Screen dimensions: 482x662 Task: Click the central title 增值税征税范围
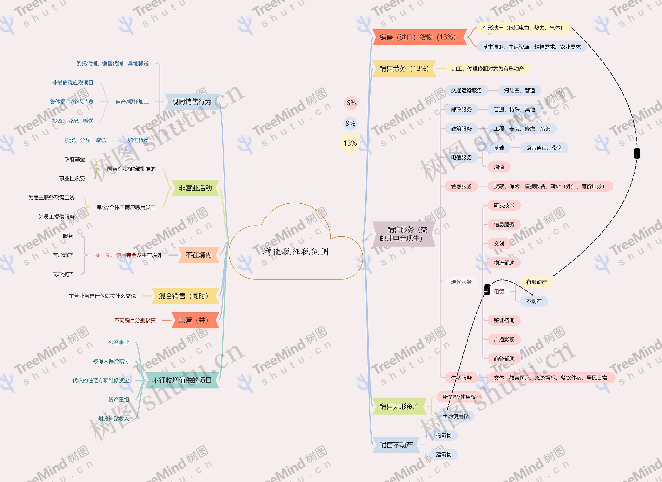(295, 252)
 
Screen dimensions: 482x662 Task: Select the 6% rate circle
(351, 103)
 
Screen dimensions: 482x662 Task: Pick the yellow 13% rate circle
(350, 143)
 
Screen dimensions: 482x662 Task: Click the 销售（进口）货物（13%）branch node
(418, 37)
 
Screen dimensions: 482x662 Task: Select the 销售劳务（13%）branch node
(404, 68)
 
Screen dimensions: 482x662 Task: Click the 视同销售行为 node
(191, 102)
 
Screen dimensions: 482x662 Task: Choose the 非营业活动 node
(195, 188)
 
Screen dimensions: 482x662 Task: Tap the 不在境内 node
(199, 255)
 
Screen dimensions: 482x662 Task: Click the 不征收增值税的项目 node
(182, 380)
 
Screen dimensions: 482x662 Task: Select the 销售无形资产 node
(399, 406)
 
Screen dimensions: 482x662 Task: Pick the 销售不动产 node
(396, 445)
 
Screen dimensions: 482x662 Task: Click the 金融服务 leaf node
(461, 186)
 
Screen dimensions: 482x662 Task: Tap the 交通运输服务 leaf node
(467, 90)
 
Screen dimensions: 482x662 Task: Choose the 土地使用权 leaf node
(455, 416)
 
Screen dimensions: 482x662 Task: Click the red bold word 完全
(131, 255)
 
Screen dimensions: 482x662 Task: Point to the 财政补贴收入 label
(114, 419)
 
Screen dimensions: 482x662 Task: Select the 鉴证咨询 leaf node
(504, 320)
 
